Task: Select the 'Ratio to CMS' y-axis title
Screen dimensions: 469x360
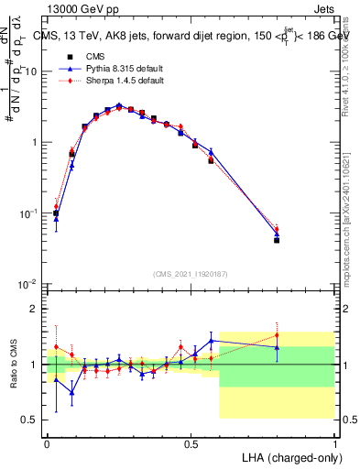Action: pos(12,365)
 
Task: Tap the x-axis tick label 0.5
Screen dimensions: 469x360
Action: pos(191,442)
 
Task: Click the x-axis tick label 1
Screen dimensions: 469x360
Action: pos(334,442)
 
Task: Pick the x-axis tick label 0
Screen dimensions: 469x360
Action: pos(47,442)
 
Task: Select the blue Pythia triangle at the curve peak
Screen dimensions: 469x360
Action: pos(119,105)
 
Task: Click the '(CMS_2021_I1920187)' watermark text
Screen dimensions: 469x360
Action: pos(190,273)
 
